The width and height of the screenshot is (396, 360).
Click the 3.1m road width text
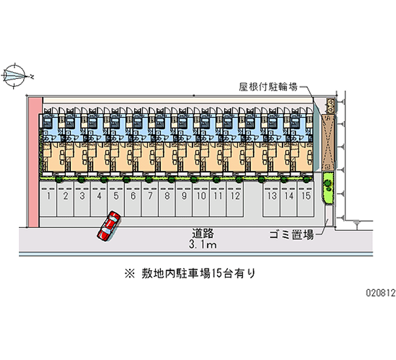click(203, 245)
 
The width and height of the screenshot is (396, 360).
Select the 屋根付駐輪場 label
click(268, 87)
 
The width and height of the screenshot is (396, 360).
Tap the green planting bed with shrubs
click(327, 187)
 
